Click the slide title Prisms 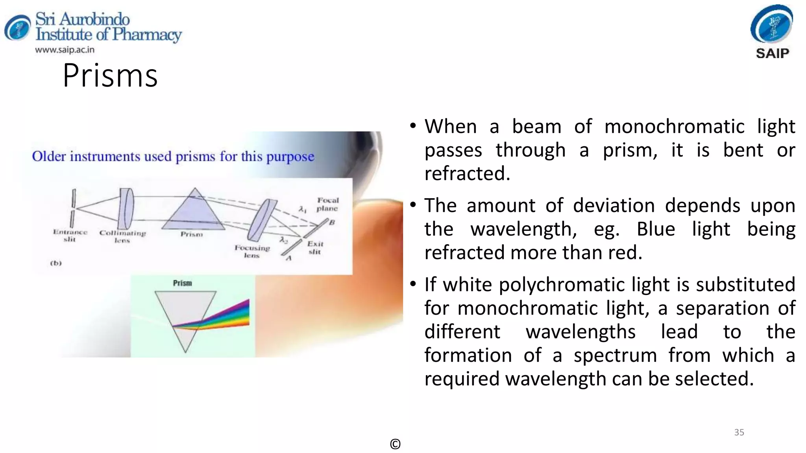coord(110,75)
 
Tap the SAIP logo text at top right coord(772,53)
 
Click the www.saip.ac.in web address coord(65,50)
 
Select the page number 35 coord(739,432)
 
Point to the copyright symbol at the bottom coord(395,444)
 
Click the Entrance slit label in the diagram coord(70,236)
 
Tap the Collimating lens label coord(122,236)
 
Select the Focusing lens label coord(252,251)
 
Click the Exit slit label coord(315,248)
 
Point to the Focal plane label coord(327,204)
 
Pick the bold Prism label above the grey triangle coord(183,283)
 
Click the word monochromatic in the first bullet coord(674,127)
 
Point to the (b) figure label coord(56,263)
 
